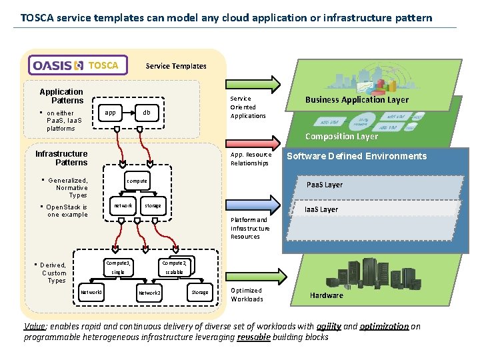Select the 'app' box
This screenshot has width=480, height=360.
tap(111, 113)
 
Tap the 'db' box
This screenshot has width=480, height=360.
tap(147, 113)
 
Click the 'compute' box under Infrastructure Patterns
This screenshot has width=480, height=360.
tap(137, 181)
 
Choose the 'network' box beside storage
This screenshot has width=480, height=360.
tap(123, 206)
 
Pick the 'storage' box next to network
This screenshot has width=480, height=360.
tap(153, 206)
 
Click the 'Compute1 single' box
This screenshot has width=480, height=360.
tap(118, 267)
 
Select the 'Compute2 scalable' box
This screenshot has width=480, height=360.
tap(175, 267)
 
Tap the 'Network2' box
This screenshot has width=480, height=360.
tap(149, 292)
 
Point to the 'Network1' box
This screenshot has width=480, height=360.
tap(91, 292)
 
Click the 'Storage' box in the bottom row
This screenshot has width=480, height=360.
tap(199, 292)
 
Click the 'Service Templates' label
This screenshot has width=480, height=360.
tap(176, 66)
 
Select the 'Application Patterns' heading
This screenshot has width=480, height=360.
tap(61, 96)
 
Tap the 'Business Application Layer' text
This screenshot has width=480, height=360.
tap(357, 99)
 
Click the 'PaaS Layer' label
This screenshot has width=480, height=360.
tap(325, 185)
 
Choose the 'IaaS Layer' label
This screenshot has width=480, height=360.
tap(321, 209)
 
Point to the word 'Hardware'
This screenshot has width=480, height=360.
tap(327, 295)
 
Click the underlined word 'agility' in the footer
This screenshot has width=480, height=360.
tap(329, 327)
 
